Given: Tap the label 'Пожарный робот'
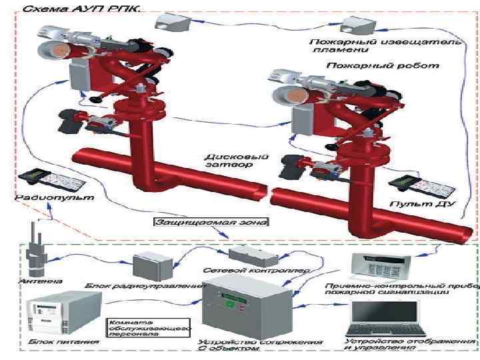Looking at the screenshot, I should coord(383,67).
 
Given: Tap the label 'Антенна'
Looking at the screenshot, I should coord(31,281).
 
